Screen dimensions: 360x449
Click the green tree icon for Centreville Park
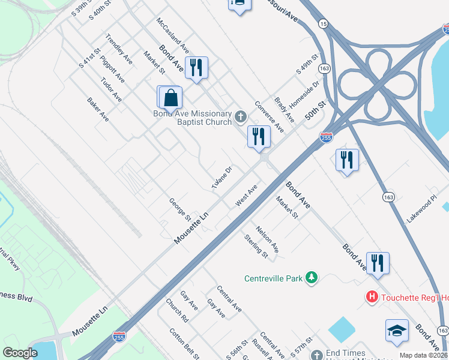(311, 277)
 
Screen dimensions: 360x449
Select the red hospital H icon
(372, 296)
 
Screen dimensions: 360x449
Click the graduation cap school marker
(397, 332)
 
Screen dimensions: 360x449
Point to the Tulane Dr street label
(221, 178)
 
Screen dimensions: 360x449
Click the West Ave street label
(246, 196)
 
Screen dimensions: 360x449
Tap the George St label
(179, 209)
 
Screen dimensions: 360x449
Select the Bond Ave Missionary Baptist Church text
(192, 118)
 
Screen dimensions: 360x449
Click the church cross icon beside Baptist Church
(241, 116)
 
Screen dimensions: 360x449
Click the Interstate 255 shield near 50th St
(326, 137)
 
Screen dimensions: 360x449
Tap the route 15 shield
(324, 23)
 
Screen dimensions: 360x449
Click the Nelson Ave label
(267, 238)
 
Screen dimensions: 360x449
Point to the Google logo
(20, 353)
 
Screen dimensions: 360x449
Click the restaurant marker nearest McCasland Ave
(196, 67)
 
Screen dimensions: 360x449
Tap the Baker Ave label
(97, 110)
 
